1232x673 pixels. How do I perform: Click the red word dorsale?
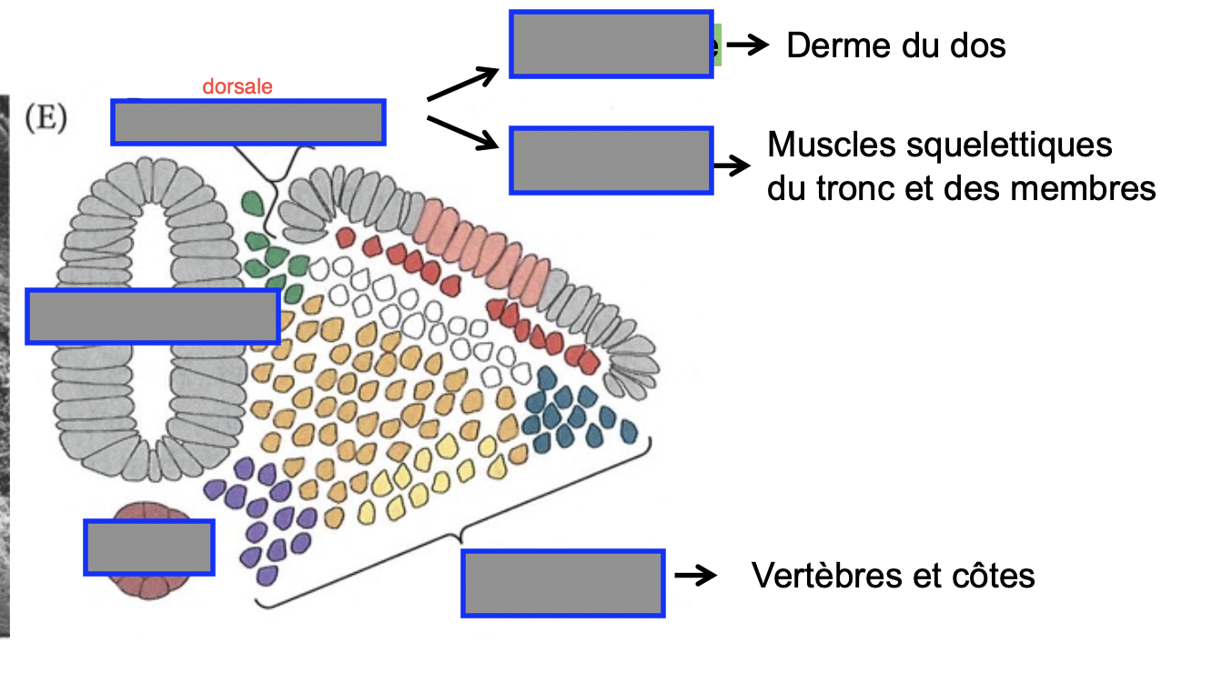click(237, 86)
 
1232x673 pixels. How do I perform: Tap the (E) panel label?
click(46, 117)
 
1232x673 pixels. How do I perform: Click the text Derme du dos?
click(896, 45)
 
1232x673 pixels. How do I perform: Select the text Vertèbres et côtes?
click(894, 576)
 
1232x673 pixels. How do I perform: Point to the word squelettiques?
click(1009, 146)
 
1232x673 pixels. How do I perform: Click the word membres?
click(1083, 188)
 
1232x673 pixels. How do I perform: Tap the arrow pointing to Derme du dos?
click(747, 45)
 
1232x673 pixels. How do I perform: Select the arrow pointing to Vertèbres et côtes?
click(696, 576)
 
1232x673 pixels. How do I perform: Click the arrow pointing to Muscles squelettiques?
click(732, 165)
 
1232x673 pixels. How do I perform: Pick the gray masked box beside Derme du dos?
click(611, 44)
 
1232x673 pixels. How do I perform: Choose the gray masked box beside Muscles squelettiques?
click(611, 161)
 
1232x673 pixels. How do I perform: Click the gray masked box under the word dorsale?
click(248, 122)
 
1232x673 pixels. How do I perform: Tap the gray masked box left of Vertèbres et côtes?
click(563, 583)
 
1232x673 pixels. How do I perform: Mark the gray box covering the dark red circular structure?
click(149, 547)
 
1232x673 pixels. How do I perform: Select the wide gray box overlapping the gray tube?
click(153, 316)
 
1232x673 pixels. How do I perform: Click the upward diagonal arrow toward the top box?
click(463, 84)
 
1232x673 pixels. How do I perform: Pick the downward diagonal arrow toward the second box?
click(463, 133)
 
